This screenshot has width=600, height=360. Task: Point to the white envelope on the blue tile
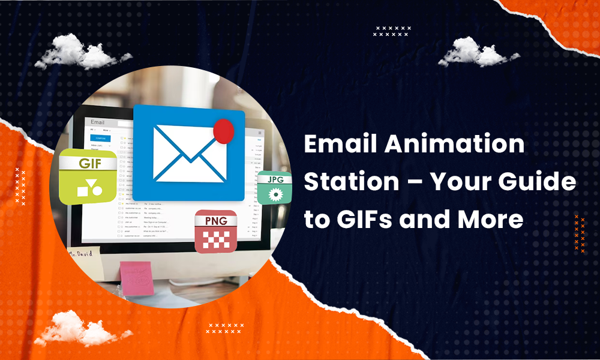click(189, 152)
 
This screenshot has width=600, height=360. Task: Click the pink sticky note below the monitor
click(137, 277)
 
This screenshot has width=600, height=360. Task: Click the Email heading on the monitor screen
click(97, 122)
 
